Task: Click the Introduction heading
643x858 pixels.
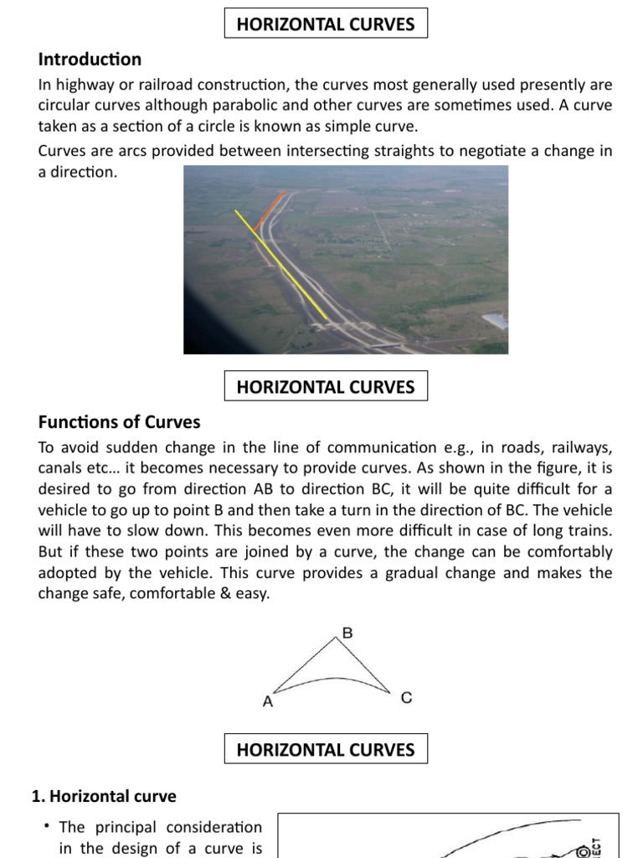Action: click(x=90, y=59)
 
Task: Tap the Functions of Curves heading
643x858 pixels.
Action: click(x=119, y=421)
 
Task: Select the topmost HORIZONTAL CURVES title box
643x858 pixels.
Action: click(x=326, y=24)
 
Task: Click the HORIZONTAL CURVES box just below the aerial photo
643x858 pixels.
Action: click(x=326, y=386)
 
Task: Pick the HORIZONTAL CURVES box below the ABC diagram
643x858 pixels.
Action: click(x=326, y=749)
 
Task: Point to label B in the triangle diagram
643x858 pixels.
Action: click(x=347, y=633)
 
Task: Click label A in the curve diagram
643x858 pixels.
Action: click(x=268, y=702)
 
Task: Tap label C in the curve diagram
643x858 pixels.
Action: click(x=406, y=697)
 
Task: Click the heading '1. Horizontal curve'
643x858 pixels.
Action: click(x=104, y=796)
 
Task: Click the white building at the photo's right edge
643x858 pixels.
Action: click(x=496, y=321)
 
